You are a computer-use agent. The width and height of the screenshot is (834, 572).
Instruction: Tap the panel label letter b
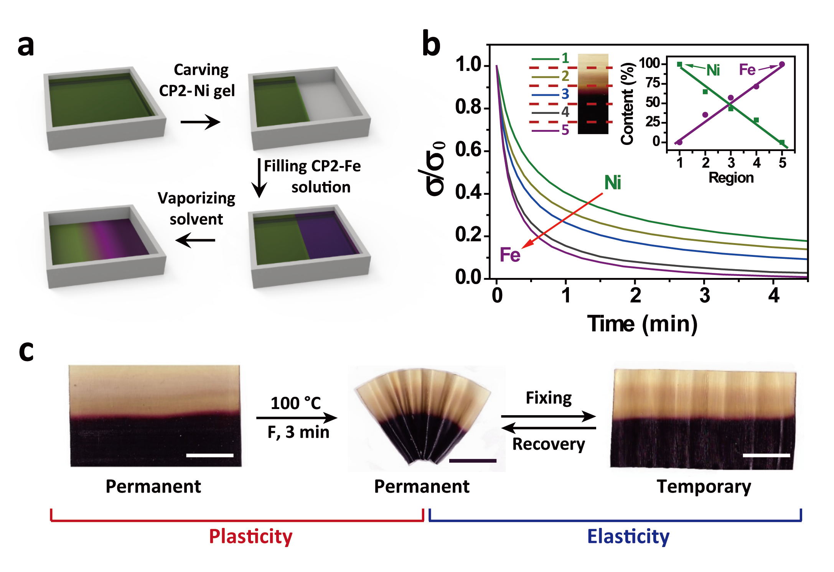(431, 44)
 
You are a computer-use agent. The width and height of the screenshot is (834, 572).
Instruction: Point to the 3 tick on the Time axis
(705, 296)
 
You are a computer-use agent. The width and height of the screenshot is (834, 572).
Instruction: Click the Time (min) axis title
(642, 324)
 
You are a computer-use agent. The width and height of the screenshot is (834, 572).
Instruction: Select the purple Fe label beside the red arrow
(510, 255)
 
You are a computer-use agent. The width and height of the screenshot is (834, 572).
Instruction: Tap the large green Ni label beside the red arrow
(612, 182)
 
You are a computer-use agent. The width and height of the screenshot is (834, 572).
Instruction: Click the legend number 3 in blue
(565, 94)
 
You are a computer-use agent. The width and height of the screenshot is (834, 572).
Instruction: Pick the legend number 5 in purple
(565, 130)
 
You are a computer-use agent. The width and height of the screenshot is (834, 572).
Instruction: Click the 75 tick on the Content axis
(653, 83)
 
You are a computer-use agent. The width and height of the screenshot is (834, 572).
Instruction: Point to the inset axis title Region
(731, 178)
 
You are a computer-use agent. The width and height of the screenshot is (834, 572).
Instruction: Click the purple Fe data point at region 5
(782, 64)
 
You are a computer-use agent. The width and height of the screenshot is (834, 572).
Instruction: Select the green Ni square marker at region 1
(679, 64)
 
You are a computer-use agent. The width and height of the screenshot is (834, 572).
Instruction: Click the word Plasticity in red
(251, 536)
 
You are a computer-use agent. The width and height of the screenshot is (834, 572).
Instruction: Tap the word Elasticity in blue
(628, 536)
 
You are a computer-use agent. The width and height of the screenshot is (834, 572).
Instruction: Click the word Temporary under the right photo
(704, 487)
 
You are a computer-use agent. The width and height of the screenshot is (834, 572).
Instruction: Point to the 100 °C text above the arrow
(295, 403)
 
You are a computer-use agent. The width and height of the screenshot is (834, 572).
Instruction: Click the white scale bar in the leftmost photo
(209, 455)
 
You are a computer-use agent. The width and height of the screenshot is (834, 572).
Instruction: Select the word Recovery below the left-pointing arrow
(549, 444)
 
